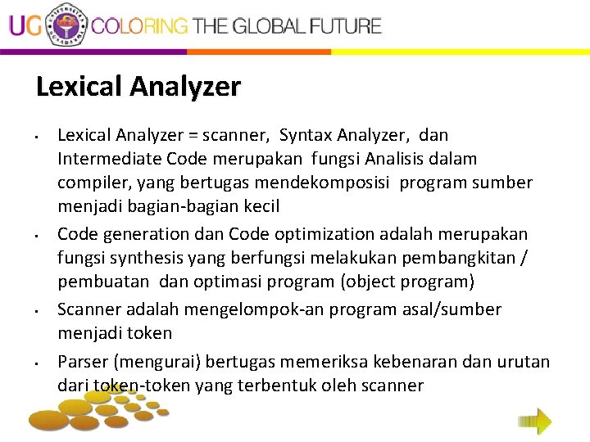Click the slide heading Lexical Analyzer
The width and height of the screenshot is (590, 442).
(138, 87)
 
